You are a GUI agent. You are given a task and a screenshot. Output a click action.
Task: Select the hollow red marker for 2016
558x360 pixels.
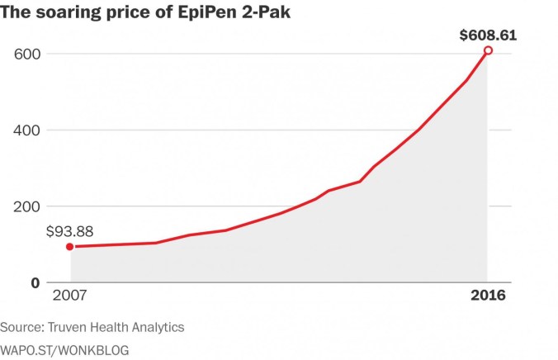point(488,50)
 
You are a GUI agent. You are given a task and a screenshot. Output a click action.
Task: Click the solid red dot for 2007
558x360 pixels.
point(69,246)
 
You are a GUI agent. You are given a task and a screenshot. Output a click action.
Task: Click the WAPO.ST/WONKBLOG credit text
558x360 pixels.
point(64,350)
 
